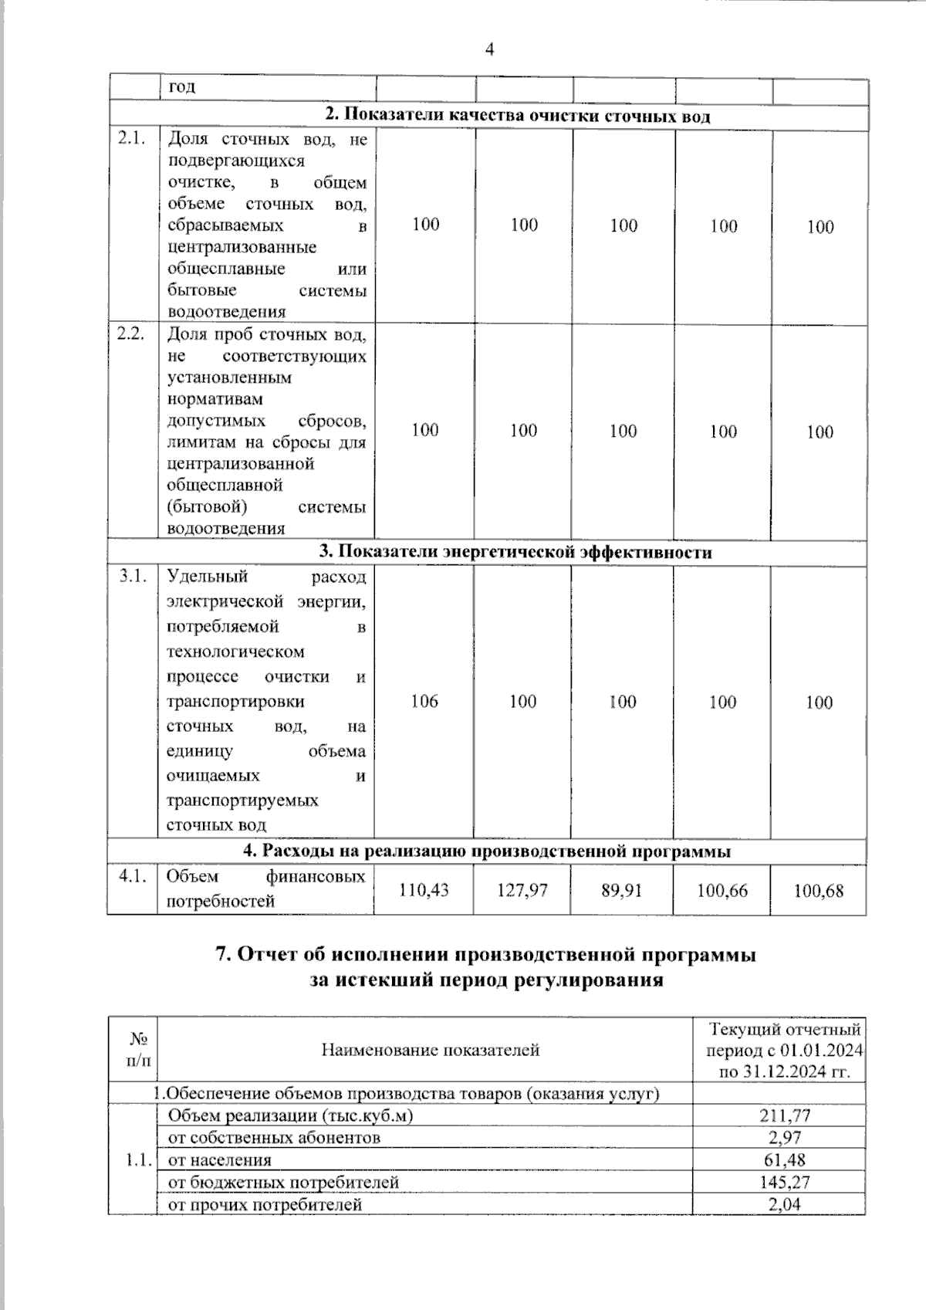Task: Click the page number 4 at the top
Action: (x=489, y=50)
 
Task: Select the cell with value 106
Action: (x=424, y=701)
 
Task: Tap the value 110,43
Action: (x=424, y=890)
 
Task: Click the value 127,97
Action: (x=522, y=890)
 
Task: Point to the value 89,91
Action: (x=621, y=890)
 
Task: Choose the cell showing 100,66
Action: (x=722, y=890)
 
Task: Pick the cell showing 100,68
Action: (x=819, y=890)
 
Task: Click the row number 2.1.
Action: (x=131, y=139)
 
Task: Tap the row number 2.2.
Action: (x=131, y=334)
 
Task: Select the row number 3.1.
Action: (x=133, y=577)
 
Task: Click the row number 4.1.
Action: (x=133, y=877)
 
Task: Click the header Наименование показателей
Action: (x=430, y=1050)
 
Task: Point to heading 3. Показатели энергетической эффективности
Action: (x=515, y=552)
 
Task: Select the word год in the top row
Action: (x=182, y=86)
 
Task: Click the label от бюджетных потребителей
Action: (x=283, y=1182)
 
